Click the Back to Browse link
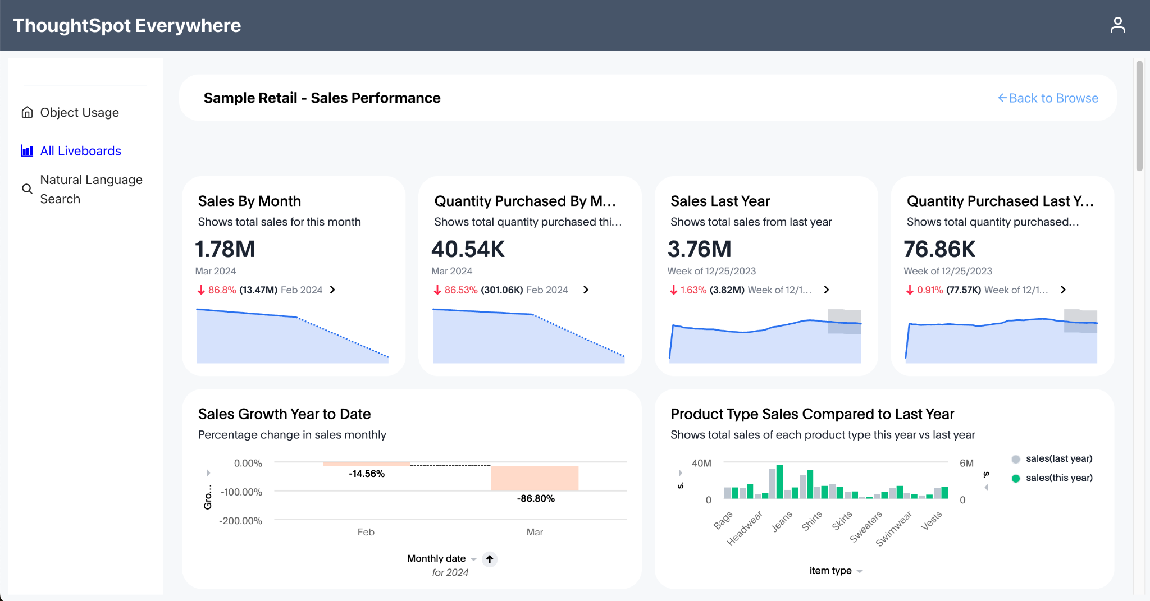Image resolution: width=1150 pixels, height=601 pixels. coord(1048,98)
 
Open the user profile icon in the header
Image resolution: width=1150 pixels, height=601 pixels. coord(1117,25)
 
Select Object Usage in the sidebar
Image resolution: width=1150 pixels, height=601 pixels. coord(79,112)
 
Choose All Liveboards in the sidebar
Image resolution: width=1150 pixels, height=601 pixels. coord(80,151)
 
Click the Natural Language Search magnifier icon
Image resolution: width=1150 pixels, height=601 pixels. coord(27,189)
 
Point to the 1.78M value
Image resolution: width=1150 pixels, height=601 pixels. coord(225,249)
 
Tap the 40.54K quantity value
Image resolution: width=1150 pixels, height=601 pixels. coord(468,249)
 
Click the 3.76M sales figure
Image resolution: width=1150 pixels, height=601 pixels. coord(699,249)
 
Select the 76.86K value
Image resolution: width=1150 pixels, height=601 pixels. coord(939,249)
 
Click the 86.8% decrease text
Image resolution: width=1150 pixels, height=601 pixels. coord(222,290)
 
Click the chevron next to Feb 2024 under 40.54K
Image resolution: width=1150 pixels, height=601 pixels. coord(586,290)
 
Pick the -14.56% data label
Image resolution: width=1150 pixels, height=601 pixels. coord(367,474)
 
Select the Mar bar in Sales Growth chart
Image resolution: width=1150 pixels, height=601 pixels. coord(535,478)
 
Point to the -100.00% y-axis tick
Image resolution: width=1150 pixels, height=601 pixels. coord(241,492)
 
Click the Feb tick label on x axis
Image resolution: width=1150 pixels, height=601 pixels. coord(366,532)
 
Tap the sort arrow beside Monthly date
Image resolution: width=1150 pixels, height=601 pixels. coord(490,559)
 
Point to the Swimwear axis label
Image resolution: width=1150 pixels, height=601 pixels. coord(894,529)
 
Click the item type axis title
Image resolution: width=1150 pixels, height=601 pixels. coord(830,571)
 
